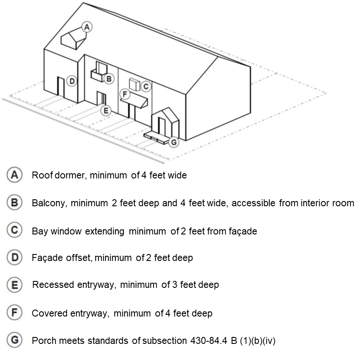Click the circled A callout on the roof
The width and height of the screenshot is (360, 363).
coord(87,27)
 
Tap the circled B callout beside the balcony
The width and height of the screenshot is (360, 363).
coord(109,79)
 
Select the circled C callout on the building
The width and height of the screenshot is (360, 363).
coord(146,86)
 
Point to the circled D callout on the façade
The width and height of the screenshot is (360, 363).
coord(72,81)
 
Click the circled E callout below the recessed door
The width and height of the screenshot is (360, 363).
coord(106,111)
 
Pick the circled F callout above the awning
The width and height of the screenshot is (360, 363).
coord(125,94)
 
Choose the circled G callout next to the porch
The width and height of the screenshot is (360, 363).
coord(174,142)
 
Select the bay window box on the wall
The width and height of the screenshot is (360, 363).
coord(134,85)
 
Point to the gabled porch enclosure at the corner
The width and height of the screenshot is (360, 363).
coord(165,124)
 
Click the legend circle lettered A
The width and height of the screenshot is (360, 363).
coord(15,175)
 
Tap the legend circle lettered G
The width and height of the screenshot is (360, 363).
coord(15,340)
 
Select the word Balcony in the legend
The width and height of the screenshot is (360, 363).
coord(50,203)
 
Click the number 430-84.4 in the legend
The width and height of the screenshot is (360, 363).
coord(209,341)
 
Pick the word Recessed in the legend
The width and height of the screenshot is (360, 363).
coord(53,285)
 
